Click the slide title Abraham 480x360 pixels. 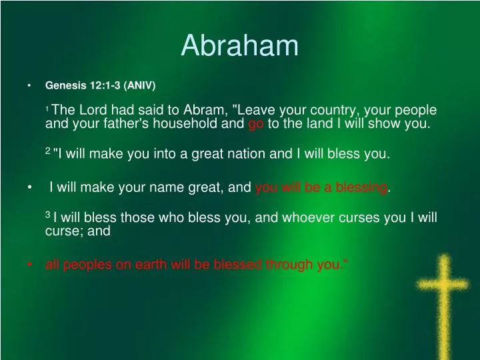240,45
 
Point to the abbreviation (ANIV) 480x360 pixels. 141,85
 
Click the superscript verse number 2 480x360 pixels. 47,152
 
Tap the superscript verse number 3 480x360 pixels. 47,215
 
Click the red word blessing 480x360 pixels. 364,188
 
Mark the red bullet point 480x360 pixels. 30,265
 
